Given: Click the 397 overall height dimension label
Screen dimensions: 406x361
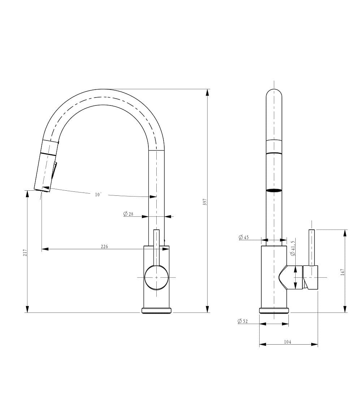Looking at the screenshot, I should (205, 202).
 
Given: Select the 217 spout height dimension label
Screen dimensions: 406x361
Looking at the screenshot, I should (25, 252).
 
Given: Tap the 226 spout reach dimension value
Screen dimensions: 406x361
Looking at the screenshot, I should (104, 246).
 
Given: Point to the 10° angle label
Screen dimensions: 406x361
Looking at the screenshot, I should (98, 194).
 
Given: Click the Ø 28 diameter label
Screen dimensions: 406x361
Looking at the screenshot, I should (128, 214).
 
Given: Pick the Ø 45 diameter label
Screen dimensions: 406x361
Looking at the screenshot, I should (244, 237).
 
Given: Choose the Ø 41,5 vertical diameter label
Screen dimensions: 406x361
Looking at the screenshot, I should (293, 248).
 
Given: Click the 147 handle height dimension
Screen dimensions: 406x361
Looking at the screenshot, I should (342, 272).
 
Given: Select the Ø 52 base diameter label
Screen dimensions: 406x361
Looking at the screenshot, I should (243, 321).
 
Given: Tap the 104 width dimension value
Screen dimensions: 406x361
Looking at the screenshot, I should (288, 342).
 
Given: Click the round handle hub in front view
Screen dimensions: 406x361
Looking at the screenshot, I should (156, 277).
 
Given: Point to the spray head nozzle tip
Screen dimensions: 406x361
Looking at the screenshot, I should (42, 189).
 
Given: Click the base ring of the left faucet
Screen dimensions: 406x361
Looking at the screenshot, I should (156, 311).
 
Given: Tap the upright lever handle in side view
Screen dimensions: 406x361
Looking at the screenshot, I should (312, 247).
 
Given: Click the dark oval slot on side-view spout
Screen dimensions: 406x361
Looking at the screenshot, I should (274, 190).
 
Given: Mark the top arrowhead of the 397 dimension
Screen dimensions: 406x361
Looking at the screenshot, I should (207, 92).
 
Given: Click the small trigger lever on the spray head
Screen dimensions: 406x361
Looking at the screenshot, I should (55, 170).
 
